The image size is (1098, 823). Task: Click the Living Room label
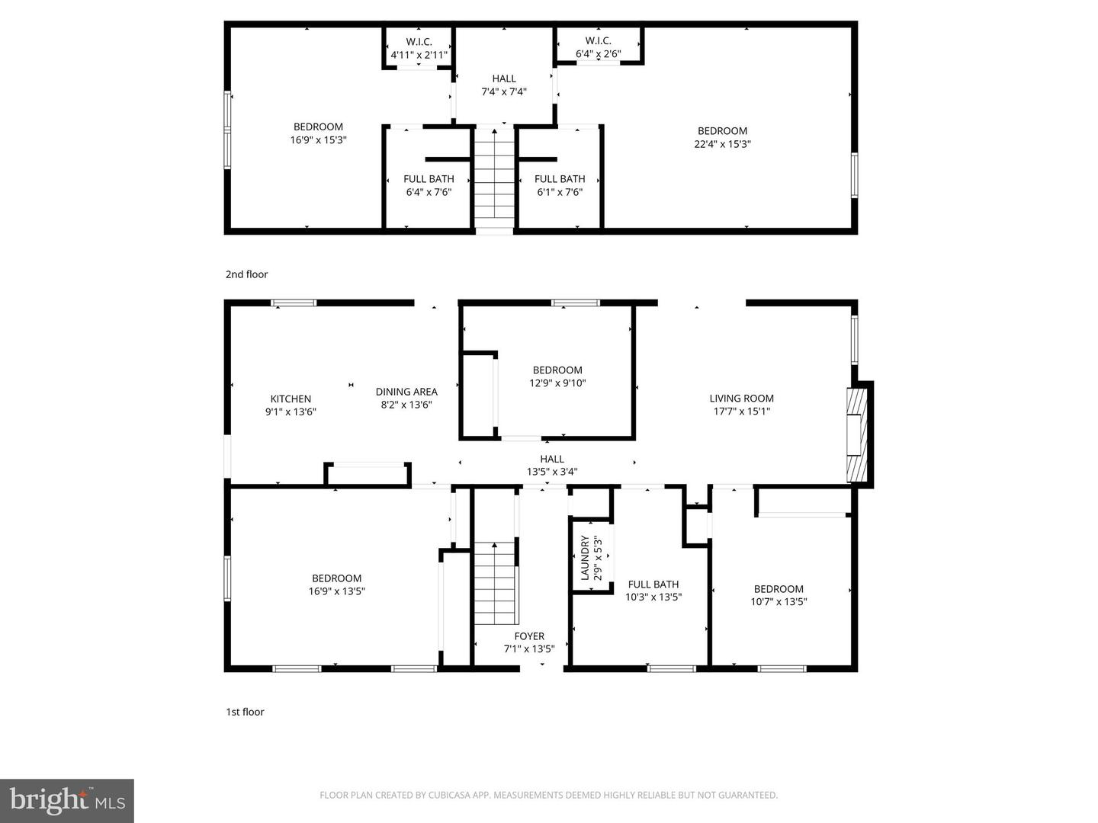[741, 399]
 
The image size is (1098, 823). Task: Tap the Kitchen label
[291, 399]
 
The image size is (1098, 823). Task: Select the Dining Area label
[406, 392]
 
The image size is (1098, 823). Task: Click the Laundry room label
[586, 559]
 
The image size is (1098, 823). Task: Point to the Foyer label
[529, 636]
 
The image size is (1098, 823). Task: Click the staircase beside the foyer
[496, 583]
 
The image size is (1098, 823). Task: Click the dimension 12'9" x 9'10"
[557, 383]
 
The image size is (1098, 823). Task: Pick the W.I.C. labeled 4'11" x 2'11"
[419, 48]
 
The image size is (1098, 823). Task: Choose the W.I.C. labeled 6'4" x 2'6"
[598, 47]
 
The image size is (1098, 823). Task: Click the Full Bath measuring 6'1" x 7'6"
[560, 185]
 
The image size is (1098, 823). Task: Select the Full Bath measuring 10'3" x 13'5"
[653, 591]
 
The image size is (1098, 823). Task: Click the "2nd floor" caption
[246, 274]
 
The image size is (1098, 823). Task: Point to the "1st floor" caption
[245, 712]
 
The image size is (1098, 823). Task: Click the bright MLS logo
[67, 800]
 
